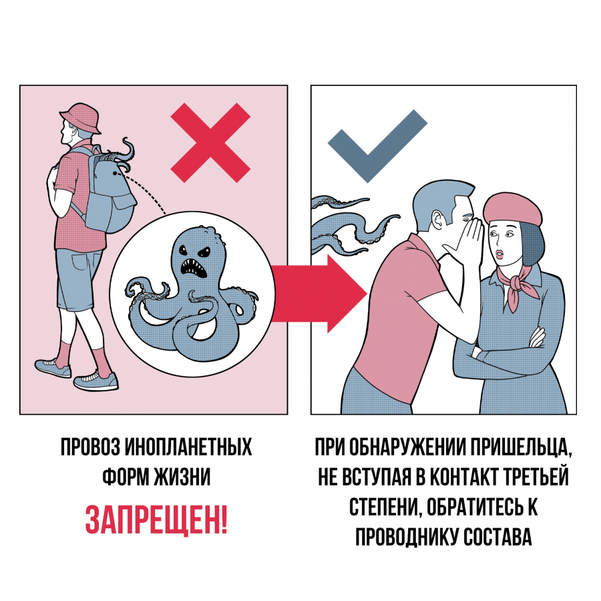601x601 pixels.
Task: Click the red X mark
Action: (210, 142)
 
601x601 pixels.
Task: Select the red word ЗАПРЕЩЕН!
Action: (156, 520)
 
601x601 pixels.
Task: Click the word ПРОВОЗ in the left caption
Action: (90, 447)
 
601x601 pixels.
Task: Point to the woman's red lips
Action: (499, 255)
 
